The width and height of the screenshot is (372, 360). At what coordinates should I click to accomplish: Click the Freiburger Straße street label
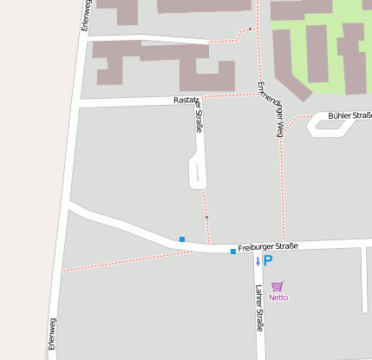point(268,246)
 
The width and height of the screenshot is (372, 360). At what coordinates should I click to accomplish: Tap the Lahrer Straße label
point(258,308)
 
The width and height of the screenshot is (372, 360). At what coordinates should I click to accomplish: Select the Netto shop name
point(278,298)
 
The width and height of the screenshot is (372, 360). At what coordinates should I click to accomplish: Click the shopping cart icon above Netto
point(277,286)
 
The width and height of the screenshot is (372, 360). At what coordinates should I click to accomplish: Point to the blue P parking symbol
point(268,260)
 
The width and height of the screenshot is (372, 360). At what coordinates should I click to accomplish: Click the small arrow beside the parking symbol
point(258,260)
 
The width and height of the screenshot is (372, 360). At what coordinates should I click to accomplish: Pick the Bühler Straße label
point(349,115)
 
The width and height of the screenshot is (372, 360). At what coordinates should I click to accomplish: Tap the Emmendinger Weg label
point(270,110)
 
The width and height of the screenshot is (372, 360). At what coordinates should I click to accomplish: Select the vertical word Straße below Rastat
point(199,116)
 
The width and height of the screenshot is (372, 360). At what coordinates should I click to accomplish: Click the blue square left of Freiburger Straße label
point(233,252)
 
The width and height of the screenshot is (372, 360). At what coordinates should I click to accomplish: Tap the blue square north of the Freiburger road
point(182,239)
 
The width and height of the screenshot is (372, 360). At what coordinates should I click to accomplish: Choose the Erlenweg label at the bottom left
point(52,333)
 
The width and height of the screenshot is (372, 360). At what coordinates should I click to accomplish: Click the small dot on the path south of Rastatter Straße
point(206,217)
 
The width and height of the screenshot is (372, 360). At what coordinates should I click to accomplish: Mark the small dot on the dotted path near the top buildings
point(250,29)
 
